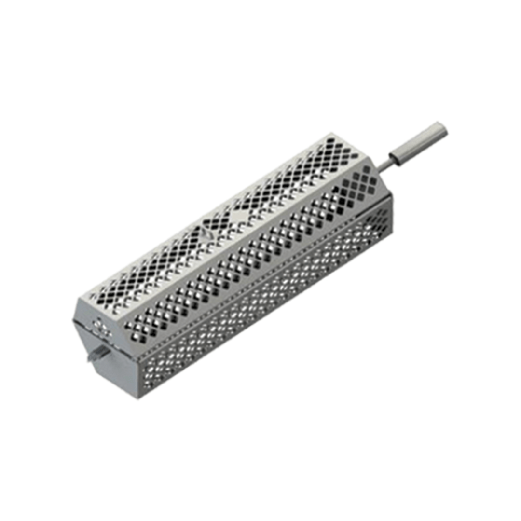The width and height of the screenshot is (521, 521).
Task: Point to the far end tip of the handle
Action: pyautogui.click(x=442, y=128)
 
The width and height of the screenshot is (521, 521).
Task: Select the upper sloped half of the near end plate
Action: pyautogui.click(x=99, y=321)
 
